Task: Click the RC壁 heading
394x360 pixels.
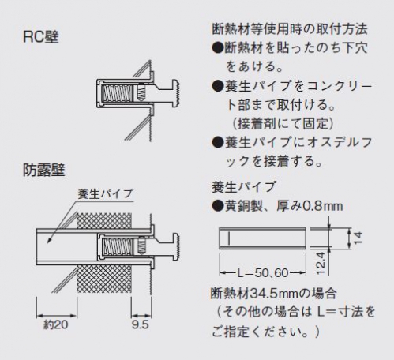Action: click(x=41, y=37)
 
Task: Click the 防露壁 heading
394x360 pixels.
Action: click(x=43, y=170)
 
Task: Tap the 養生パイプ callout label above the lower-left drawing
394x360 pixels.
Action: click(x=106, y=194)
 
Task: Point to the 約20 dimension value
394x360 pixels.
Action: click(x=56, y=324)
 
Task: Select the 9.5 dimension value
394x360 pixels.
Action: click(x=141, y=324)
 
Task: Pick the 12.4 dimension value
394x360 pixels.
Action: click(x=321, y=264)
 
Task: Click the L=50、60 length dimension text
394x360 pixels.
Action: click(x=263, y=273)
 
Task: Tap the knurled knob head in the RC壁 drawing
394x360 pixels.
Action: click(x=176, y=94)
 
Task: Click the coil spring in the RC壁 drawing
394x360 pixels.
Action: click(x=117, y=94)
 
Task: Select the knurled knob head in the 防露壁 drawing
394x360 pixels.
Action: click(x=176, y=246)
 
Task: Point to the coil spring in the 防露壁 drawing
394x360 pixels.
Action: click(x=117, y=246)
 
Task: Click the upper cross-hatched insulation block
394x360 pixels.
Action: click(x=104, y=220)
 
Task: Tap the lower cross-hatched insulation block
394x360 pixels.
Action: click(x=104, y=279)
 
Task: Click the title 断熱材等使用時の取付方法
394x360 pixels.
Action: click(x=290, y=29)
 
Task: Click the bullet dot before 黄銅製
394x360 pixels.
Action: click(x=218, y=206)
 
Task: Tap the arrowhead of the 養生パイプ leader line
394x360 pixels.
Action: click(x=50, y=240)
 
